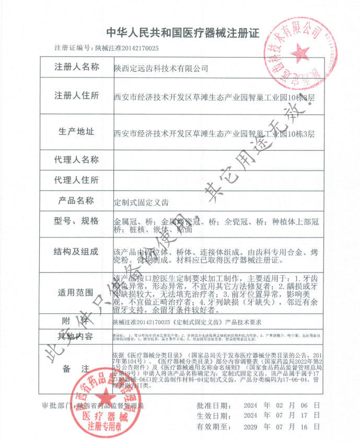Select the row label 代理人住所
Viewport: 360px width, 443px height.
point(77,180)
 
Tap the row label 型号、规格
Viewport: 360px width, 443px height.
point(77,221)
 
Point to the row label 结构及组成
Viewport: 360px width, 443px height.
point(77,252)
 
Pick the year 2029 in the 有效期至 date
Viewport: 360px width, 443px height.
point(252,427)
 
